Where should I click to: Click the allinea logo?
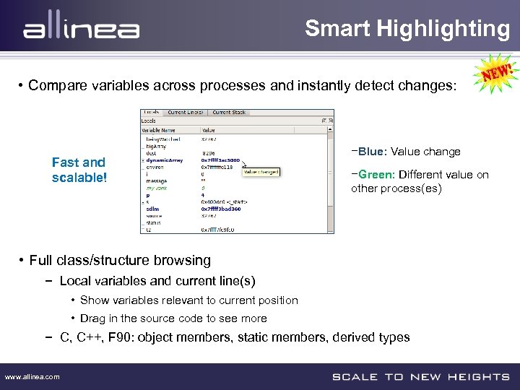pos(81,30)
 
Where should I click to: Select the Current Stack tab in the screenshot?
pos(230,113)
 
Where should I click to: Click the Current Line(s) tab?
pos(186,113)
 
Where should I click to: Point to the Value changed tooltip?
pos(261,172)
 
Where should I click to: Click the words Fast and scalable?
pos(79,170)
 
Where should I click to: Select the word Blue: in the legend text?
pos(372,152)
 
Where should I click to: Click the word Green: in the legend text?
pos(376,175)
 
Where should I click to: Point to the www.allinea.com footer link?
pos(32,376)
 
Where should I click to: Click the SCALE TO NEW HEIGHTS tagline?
pos(420,376)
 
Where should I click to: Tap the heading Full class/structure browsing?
pos(120,260)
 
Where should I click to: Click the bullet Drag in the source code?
pos(173,318)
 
